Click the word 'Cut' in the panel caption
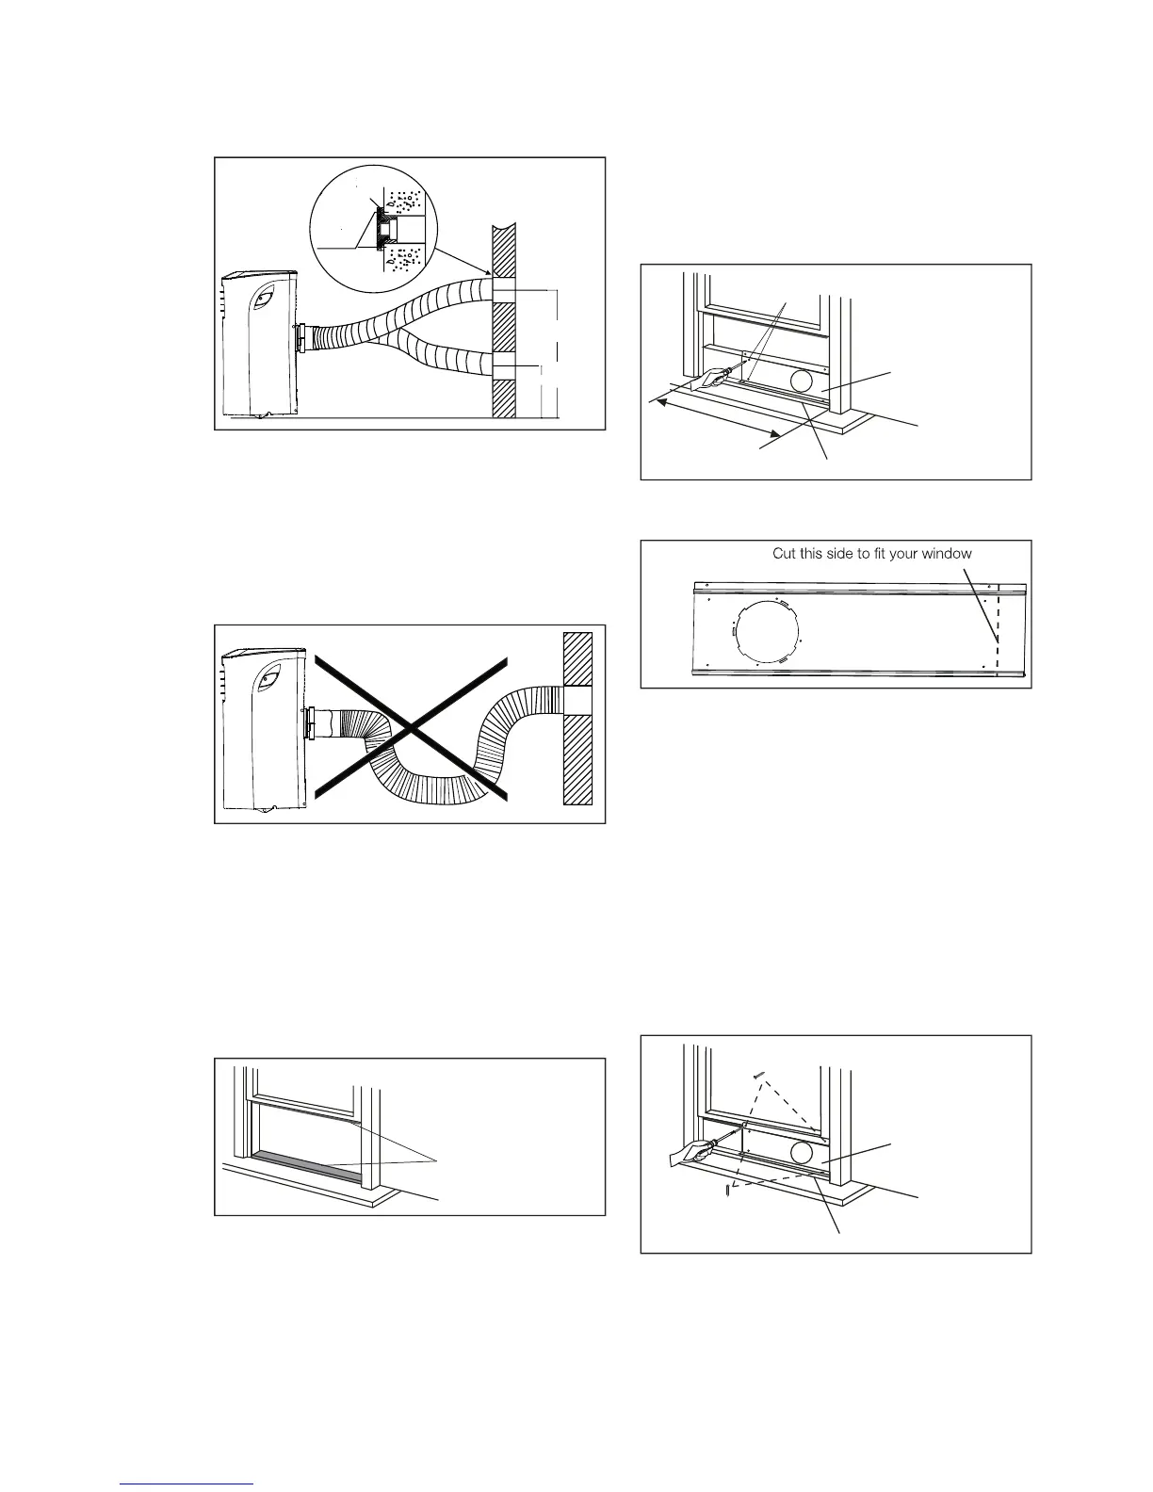point(785,553)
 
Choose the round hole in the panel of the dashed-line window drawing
point(803,1153)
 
